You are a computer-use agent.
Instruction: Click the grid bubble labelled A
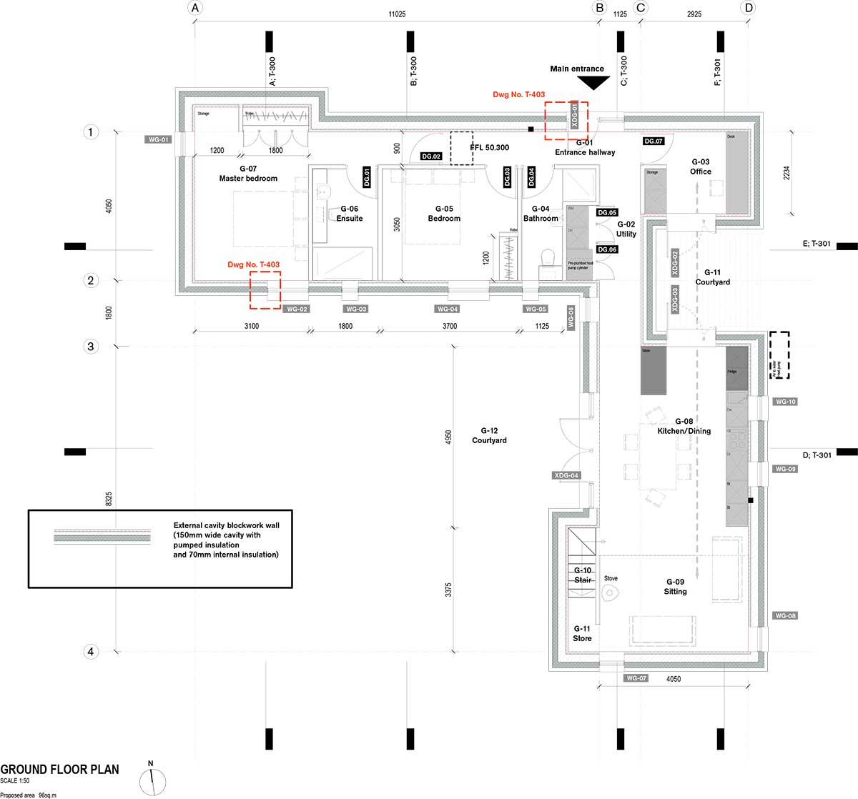(x=195, y=8)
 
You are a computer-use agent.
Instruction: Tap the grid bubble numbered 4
(x=90, y=652)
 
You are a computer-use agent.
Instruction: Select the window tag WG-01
(x=158, y=139)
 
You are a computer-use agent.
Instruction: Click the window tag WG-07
(x=636, y=678)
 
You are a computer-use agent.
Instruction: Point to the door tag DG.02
(x=431, y=156)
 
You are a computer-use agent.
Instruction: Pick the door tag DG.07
(x=654, y=142)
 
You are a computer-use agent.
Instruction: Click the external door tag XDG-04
(x=566, y=475)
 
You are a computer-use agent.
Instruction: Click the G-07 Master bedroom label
(x=248, y=174)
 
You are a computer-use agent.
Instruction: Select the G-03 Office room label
(x=701, y=167)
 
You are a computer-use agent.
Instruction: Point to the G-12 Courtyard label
(x=489, y=435)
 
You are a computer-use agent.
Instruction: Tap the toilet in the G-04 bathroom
(x=549, y=258)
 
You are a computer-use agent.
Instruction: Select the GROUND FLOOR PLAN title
(x=59, y=770)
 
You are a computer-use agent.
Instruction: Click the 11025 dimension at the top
(x=397, y=14)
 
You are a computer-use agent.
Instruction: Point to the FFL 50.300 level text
(x=490, y=148)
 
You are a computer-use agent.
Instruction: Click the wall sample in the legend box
(x=102, y=537)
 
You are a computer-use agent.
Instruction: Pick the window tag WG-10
(x=785, y=402)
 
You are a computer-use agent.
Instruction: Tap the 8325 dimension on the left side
(x=109, y=499)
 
